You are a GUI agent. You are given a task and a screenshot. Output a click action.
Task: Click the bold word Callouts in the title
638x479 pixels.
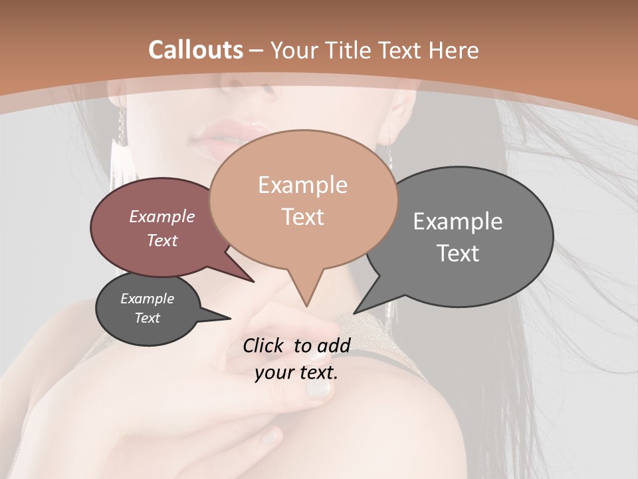coord(196,50)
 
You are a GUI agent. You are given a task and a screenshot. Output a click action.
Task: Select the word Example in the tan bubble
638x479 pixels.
coord(302,185)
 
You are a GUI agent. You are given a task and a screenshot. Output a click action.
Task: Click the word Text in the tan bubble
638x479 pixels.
coord(302,217)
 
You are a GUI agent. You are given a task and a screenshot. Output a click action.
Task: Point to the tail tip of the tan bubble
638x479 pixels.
coord(306,305)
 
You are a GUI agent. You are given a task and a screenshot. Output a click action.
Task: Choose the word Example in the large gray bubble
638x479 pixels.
coord(457,222)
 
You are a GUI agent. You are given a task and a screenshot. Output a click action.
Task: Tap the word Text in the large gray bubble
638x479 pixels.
coord(457,253)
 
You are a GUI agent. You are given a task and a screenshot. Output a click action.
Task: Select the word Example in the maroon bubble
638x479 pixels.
coord(161,216)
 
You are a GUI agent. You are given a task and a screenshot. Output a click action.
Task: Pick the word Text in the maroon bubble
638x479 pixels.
coord(161,240)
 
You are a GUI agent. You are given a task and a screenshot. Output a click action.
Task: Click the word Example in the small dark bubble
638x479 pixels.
coord(147,299)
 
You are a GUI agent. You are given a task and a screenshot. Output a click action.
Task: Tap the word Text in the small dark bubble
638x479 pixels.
coord(147,318)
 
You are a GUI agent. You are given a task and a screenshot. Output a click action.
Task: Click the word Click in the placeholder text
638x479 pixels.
coord(265,345)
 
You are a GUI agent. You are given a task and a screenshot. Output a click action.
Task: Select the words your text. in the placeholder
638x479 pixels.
coord(296,373)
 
